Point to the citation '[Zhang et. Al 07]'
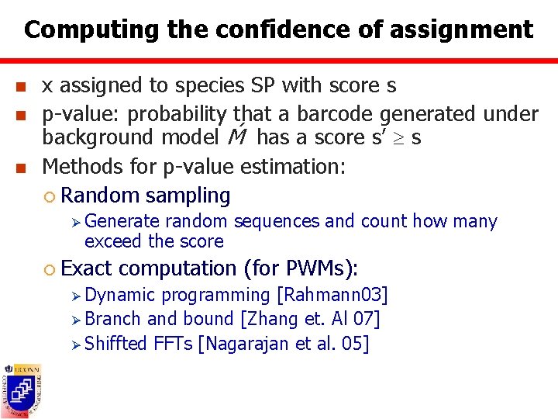(x=310, y=319)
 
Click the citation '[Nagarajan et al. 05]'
(x=284, y=343)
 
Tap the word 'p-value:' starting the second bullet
(x=82, y=114)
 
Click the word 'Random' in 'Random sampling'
(x=100, y=196)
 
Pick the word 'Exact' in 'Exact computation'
(x=87, y=268)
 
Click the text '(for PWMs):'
(x=301, y=268)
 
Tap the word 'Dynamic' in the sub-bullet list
(x=120, y=295)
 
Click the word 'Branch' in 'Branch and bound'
(x=113, y=319)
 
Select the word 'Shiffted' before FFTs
(x=115, y=343)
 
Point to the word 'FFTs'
(x=172, y=343)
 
